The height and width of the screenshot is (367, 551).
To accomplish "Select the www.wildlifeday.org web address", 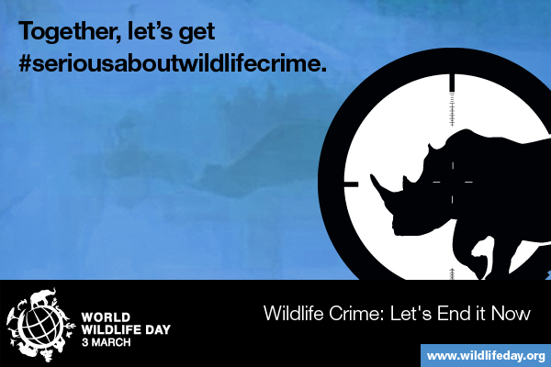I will pyautogui.click(x=487, y=355).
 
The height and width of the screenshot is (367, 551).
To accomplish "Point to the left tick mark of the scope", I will pyautogui.click(x=351, y=183).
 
